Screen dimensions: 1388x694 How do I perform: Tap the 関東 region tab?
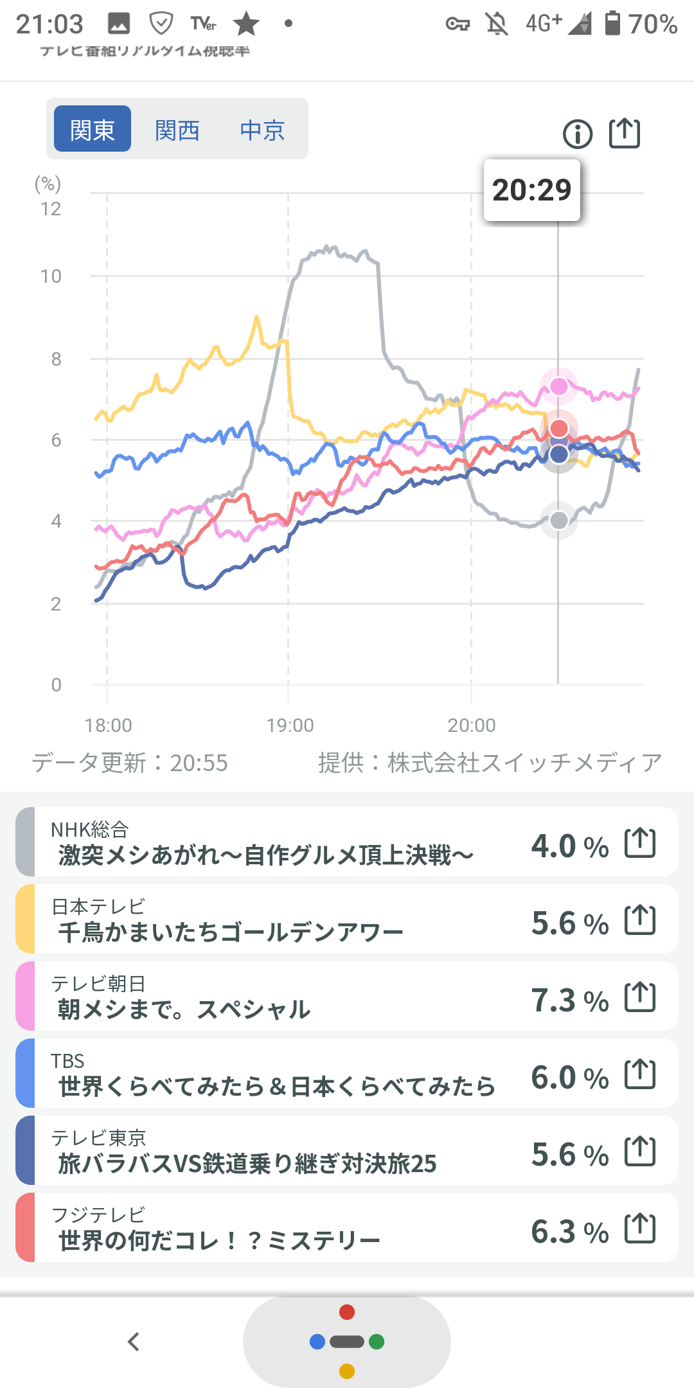point(93,129)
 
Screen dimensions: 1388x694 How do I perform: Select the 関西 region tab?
point(177,130)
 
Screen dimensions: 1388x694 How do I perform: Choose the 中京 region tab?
point(262,130)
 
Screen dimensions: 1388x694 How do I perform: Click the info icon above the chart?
point(577,134)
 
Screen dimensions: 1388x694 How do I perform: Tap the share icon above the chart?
point(625,133)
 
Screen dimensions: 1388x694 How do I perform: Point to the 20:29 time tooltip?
point(531,190)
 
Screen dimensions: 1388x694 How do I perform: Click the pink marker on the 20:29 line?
point(559,386)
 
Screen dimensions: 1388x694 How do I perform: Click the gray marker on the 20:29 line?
point(559,520)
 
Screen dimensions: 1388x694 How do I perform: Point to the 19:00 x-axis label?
point(290,725)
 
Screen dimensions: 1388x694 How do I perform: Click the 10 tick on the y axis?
point(51,276)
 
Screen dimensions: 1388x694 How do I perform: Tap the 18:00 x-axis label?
point(108,725)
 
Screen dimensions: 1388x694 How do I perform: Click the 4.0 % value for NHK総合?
point(569,846)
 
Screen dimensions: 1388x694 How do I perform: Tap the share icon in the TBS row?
point(640,1074)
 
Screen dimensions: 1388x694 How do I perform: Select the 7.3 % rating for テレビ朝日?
point(569,1001)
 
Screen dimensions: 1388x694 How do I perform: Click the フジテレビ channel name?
point(98,1214)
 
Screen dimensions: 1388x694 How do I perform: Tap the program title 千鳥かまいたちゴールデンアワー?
point(231,932)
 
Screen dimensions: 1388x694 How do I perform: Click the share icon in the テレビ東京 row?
point(640,1151)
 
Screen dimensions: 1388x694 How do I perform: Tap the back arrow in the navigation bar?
point(134,1342)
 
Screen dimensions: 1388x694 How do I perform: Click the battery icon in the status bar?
point(612,24)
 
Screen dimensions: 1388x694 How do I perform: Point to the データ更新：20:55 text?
point(130,763)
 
